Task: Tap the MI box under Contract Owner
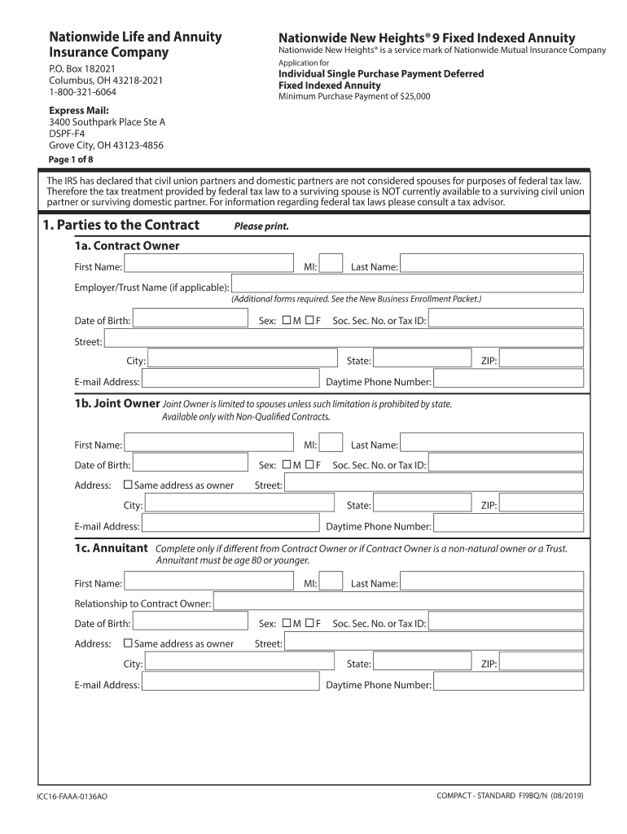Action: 331,263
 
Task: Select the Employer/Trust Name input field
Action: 407,283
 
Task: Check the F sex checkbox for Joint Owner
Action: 309,465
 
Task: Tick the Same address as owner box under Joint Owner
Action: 127,485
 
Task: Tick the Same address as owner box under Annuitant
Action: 127,643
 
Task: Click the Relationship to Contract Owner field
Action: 397,601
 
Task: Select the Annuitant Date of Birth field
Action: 190,621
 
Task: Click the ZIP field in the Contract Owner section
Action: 541,359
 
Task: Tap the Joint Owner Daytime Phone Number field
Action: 507,525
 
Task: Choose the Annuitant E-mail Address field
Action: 230,683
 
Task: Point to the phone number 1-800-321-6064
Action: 82,92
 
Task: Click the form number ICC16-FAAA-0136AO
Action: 72,796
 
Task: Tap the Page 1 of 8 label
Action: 71,160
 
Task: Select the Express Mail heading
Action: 78,110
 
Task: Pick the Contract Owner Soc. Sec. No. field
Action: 505,319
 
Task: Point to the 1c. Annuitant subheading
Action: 111,548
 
